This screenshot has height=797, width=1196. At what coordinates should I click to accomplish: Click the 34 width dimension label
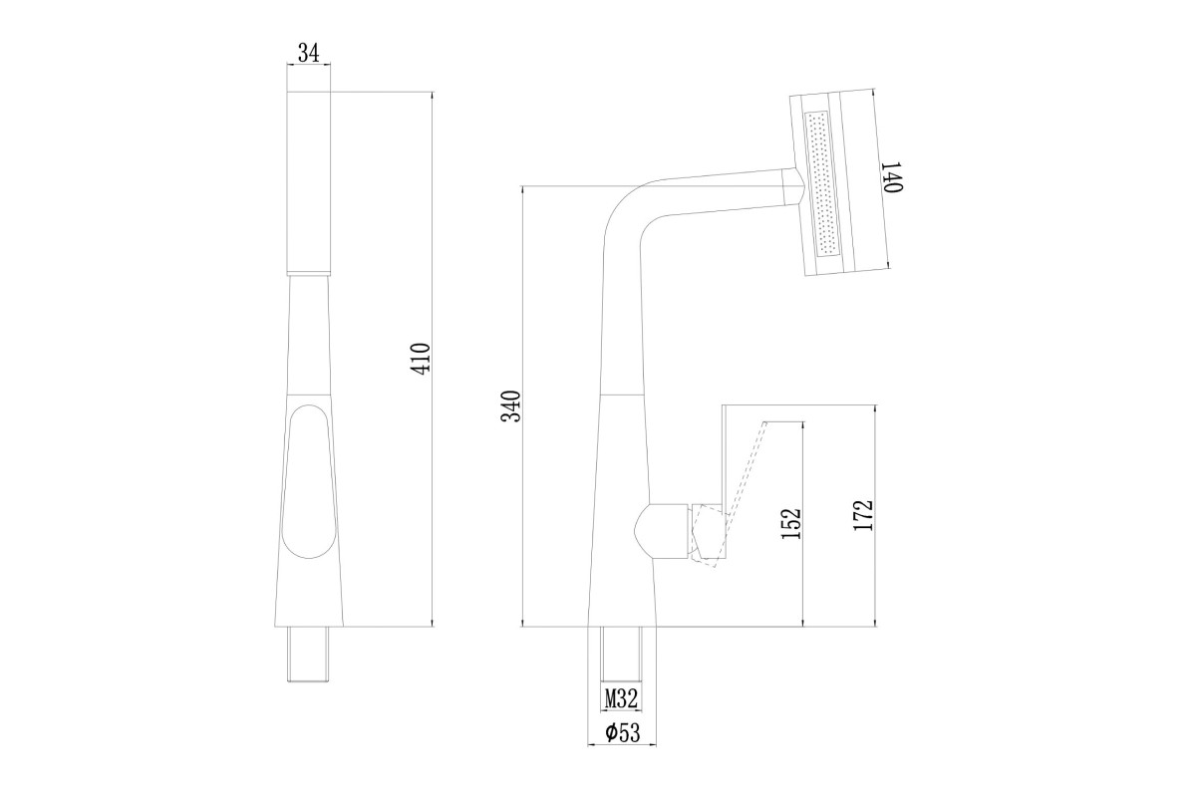[308, 54]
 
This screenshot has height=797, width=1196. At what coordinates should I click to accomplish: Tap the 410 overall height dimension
[422, 359]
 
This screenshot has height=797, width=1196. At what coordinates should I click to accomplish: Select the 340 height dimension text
[511, 406]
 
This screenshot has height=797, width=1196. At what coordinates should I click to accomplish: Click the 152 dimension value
[791, 523]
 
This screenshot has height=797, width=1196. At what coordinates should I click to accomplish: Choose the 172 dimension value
[863, 515]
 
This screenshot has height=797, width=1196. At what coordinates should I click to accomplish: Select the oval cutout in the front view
[308, 481]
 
